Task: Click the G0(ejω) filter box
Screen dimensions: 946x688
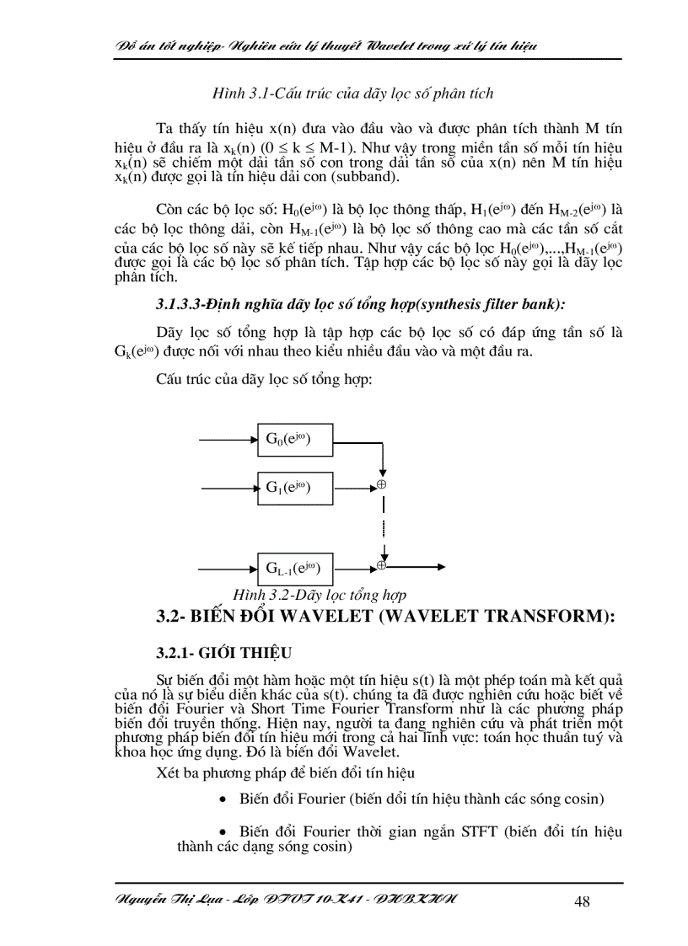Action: tap(295, 439)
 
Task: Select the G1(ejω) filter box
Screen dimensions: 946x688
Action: tap(295, 486)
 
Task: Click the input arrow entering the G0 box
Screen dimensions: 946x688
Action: tap(228, 439)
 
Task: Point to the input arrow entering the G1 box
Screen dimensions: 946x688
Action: tap(228, 486)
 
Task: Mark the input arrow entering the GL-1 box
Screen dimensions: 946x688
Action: tap(228, 566)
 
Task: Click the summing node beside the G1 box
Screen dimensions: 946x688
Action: tap(381, 485)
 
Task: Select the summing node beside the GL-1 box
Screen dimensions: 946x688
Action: tap(381, 565)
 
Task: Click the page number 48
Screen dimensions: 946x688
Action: tap(582, 902)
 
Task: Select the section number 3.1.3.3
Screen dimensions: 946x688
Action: tap(185, 303)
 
